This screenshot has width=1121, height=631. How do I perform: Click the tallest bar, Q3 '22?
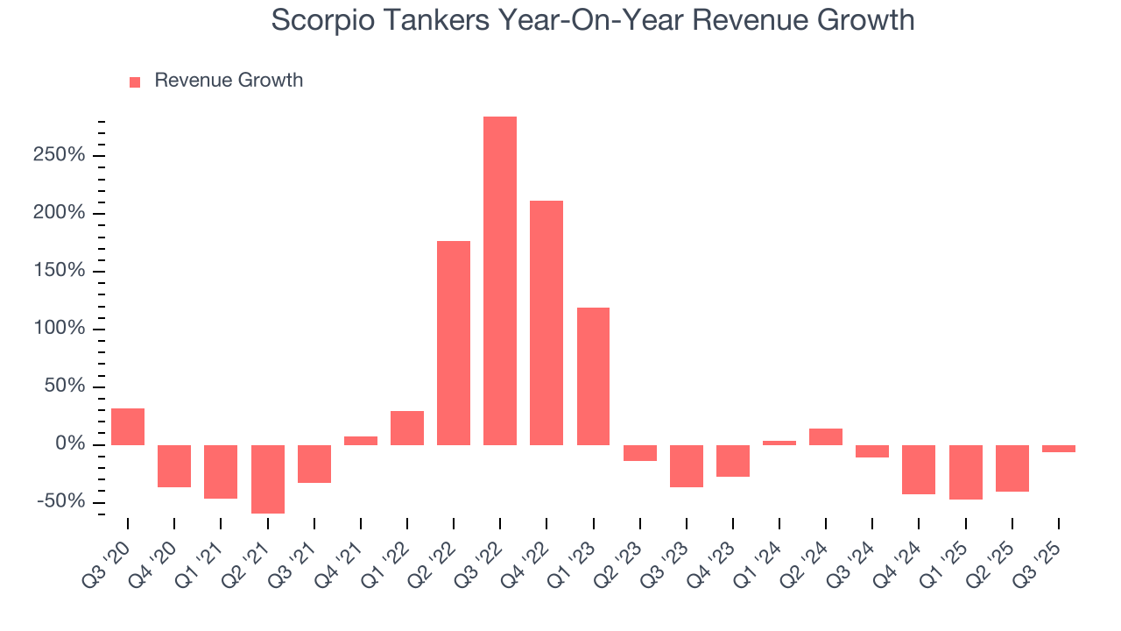point(500,280)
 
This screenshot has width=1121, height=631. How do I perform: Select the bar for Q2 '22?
point(454,343)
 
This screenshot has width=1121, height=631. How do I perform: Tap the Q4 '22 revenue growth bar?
point(546,323)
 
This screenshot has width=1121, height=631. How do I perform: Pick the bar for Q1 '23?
point(593,376)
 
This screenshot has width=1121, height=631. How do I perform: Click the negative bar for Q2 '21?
point(267,479)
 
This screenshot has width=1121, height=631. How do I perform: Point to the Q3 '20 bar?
point(128,427)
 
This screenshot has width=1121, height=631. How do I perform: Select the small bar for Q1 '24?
point(779,443)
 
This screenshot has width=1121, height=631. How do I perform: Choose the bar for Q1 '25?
point(966,471)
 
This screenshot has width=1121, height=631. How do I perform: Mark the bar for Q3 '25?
point(1059,448)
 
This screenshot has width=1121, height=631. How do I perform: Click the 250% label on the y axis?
point(60,156)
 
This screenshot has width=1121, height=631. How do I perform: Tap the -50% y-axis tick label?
point(60,501)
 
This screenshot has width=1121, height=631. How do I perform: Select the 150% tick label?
point(60,271)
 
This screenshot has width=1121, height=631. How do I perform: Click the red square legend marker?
point(135,82)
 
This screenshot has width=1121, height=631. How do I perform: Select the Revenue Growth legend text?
point(229,81)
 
